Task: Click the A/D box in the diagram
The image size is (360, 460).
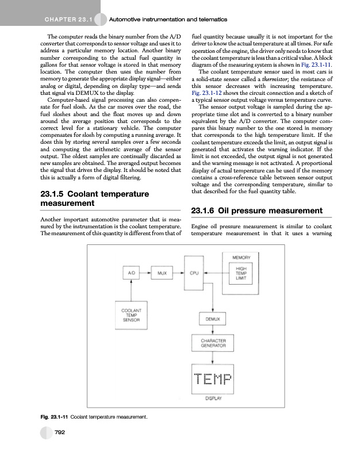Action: tap(132, 274)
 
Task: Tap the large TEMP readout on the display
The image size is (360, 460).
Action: tap(210, 379)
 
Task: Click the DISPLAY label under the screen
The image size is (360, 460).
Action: tap(210, 398)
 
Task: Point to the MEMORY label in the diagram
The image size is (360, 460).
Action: tap(242, 257)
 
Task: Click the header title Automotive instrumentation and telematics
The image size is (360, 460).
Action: tap(168, 20)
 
